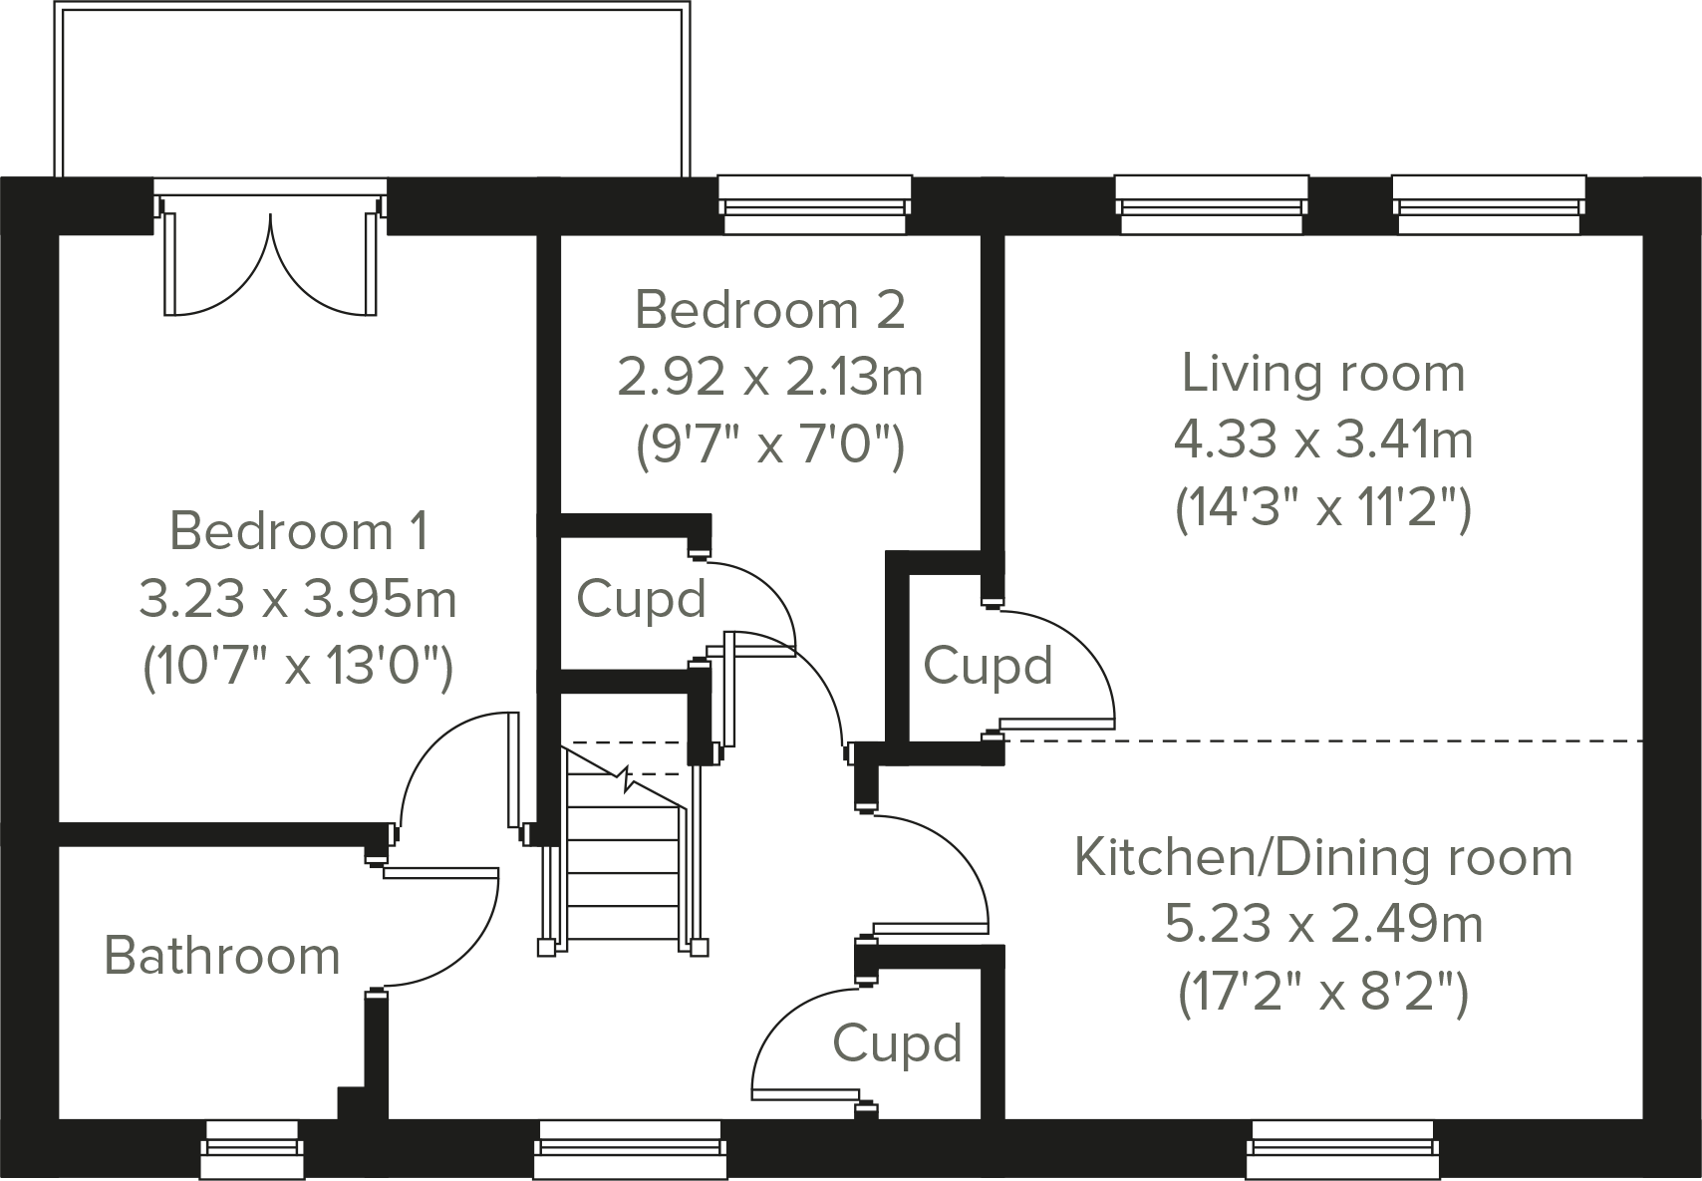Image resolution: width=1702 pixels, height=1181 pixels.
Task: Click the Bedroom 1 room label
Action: (298, 531)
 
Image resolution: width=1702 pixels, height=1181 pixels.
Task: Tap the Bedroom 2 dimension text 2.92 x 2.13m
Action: (769, 378)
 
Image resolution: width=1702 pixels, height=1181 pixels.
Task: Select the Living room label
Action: (1322, 374)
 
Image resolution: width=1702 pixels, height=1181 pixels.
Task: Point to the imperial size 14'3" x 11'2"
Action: (1322, 509)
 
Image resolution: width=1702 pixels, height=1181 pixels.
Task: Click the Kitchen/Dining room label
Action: (1322, 857)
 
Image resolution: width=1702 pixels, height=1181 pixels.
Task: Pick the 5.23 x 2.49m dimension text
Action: (1322, 925)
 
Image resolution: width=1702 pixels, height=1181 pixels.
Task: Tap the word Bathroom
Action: (221, 956)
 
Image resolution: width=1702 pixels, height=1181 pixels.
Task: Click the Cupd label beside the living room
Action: (987, 666)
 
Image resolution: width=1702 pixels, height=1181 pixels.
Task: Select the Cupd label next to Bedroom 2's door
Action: (641, 599)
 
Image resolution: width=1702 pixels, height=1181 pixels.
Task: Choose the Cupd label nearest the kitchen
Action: (897, 1043)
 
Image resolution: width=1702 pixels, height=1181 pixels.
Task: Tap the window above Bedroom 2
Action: (814, 203)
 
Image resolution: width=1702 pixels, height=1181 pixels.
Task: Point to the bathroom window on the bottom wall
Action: (251, 1148)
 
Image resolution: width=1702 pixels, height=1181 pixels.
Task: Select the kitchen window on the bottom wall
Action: (1342, 1148)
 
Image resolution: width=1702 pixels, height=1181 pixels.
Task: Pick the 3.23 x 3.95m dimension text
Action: (298, 599)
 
